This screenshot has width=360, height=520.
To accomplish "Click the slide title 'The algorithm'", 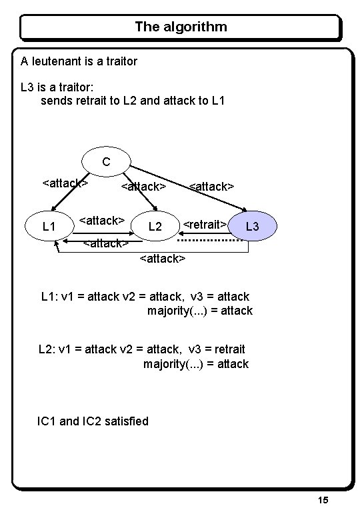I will pyautogui.click(x=181, y=27).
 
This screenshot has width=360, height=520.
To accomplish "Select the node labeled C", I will pyautogui.click(x=106, y=161).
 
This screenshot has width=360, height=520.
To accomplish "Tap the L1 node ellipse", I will pyautogui.click(x=49, y=227).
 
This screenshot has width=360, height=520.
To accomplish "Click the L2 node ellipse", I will pyautogui.click(x=155, y=227).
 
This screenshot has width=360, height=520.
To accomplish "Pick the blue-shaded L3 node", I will pyautogui.click(x=252, y=227).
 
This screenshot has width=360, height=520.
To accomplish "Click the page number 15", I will pyautogui.click(x=323, y=500).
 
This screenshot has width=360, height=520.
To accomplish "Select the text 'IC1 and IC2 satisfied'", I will pyautogui.click(x=93, y=421).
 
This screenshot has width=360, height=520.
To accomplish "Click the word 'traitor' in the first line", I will pyautogui.click(x=121, y=61).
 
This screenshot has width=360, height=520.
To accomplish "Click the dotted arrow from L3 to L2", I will pyautogui.click(x=213, y=239).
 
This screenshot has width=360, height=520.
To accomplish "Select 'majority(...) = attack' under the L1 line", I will pyautogui.click(x=199, y=311).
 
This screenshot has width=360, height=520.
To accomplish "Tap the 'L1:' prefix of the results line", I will pyautogui.click(x=49, y=296).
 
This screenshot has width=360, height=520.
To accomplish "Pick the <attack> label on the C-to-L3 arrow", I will pyautogui.click(x=211, y=187).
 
